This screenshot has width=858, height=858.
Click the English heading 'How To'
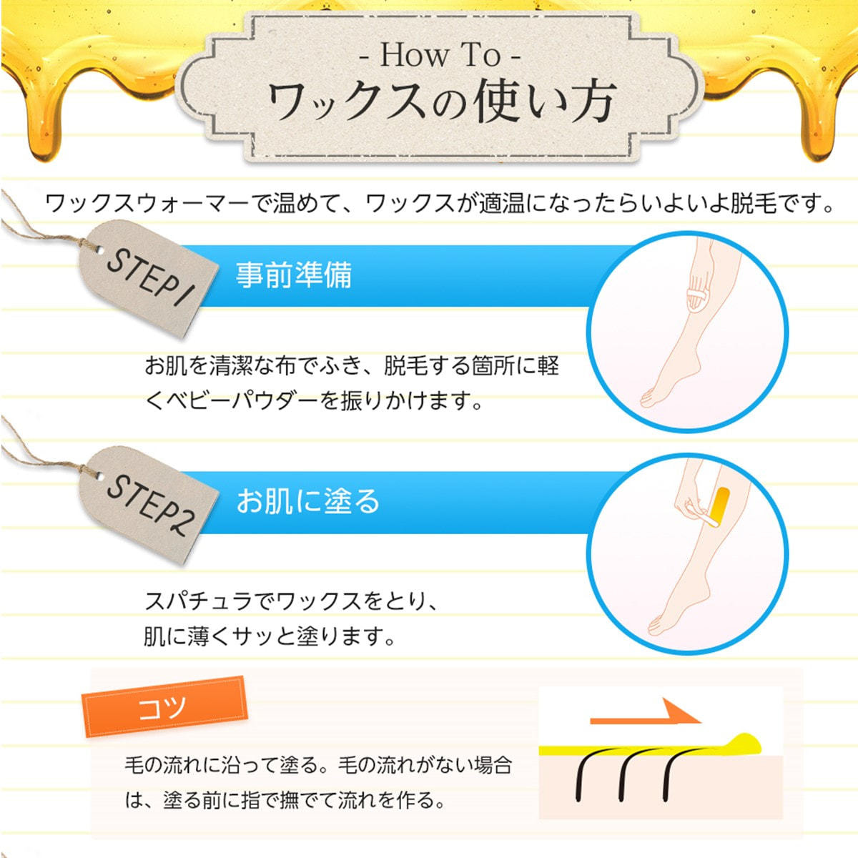pyautogui.click(x=439, y=55)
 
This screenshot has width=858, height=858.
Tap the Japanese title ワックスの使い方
pyautogui.click(x=442, y=102)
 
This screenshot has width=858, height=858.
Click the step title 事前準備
pyautogui.click(x=294, y=275)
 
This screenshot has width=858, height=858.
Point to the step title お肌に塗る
pyautogui.click(x=307, y=501)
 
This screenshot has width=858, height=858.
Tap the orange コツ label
pyautogui.click(x=164, y=707)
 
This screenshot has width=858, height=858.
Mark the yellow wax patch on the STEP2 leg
pyautogui.click(x=721, y=506)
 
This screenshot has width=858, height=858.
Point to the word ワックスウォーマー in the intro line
pyautogui.click(x=147, y=204)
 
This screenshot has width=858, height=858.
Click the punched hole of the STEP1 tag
pyautogui.click(x=101, y=251)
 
